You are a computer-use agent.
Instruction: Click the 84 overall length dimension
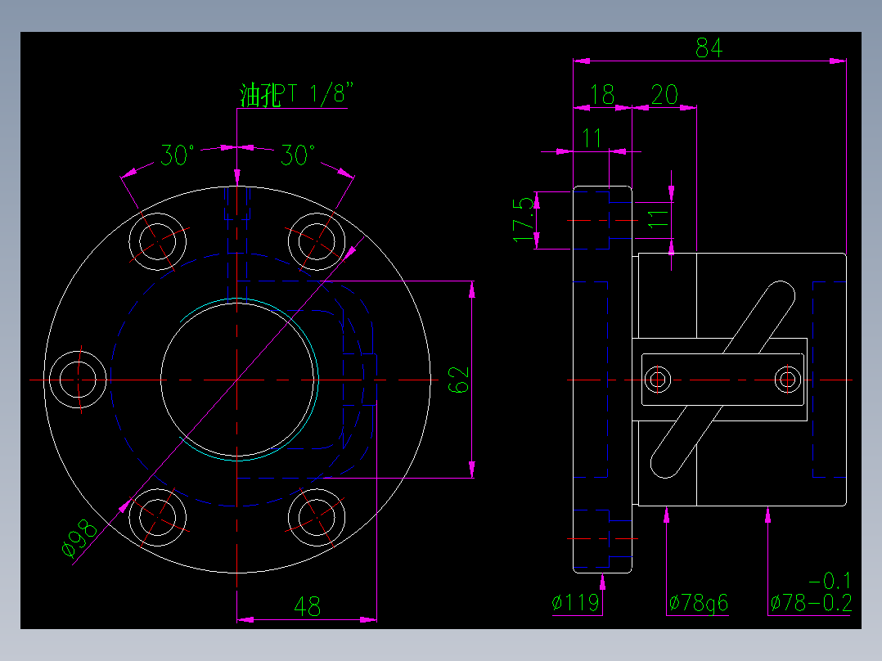[x=709, y=48]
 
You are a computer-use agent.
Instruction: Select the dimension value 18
[x=602, y=95]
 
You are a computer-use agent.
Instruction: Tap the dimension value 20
[x=664, y=95]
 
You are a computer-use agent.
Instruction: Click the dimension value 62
[x=461, y=379]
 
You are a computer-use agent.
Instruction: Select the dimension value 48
[x=307, y=607]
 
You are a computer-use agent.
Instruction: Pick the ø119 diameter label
[x=576, y=604]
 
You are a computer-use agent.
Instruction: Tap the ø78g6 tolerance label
[x=698, y=604]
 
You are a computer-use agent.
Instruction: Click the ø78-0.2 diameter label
[x=811, y=604]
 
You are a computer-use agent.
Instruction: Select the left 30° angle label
[x=177, y=155]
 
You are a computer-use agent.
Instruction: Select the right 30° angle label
[x=298, y=155]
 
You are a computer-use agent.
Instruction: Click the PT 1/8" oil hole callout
[x=299, y=95]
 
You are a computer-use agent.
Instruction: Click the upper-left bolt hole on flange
[x=159, y=241]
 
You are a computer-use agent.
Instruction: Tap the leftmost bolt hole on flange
[x=79, y=380]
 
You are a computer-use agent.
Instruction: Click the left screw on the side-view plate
[x=657, y=379]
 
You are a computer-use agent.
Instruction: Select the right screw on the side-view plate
[x=788, y=379]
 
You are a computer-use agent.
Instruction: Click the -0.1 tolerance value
[x=830, y=582]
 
